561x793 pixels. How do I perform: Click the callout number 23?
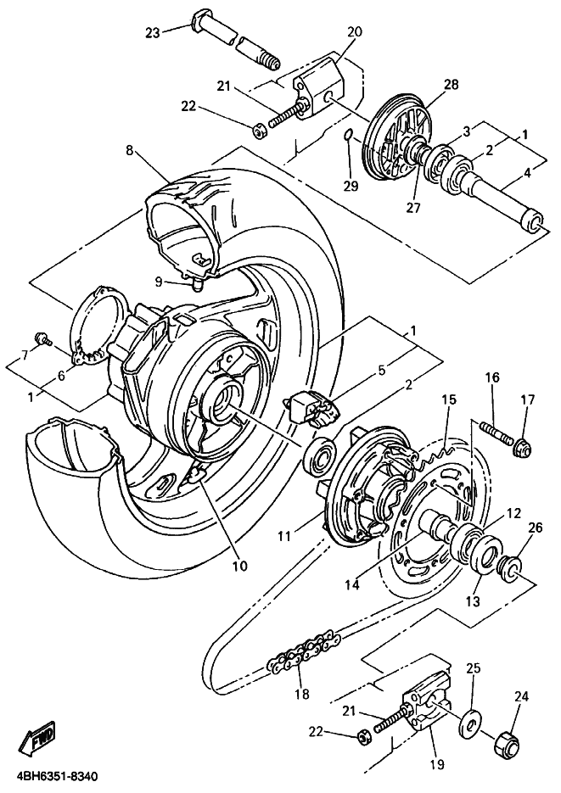point(153,33)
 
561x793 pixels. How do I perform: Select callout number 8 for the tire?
point(130,151)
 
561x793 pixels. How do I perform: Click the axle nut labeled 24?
point(504,743)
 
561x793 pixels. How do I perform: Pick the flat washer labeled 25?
point(469,728)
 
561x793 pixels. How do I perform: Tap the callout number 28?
point(451,84)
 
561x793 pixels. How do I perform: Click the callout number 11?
point(284,535)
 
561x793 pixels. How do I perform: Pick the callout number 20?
point(355,31)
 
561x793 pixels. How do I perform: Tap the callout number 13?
point(473,601)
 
